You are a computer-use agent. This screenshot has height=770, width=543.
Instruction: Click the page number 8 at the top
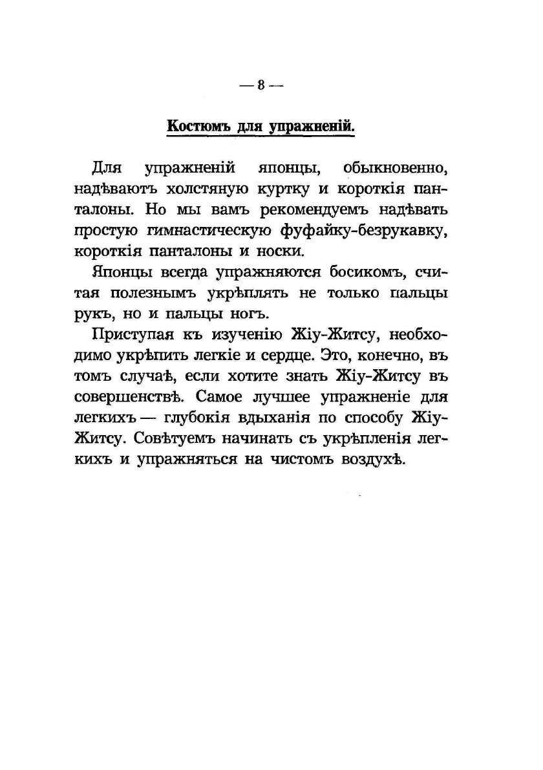pyautogui.click(x=261, y=86)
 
